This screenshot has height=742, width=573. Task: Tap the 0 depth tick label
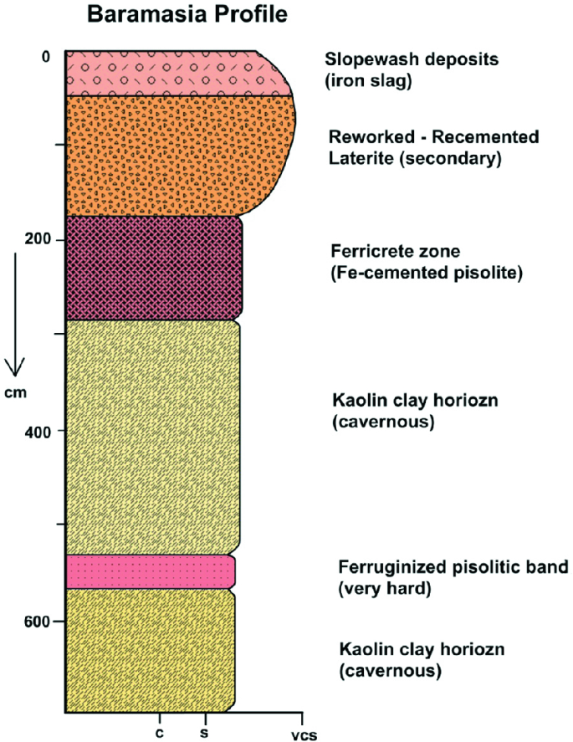46,56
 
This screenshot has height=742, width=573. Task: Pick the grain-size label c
159,730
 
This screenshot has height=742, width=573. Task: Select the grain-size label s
204,730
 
